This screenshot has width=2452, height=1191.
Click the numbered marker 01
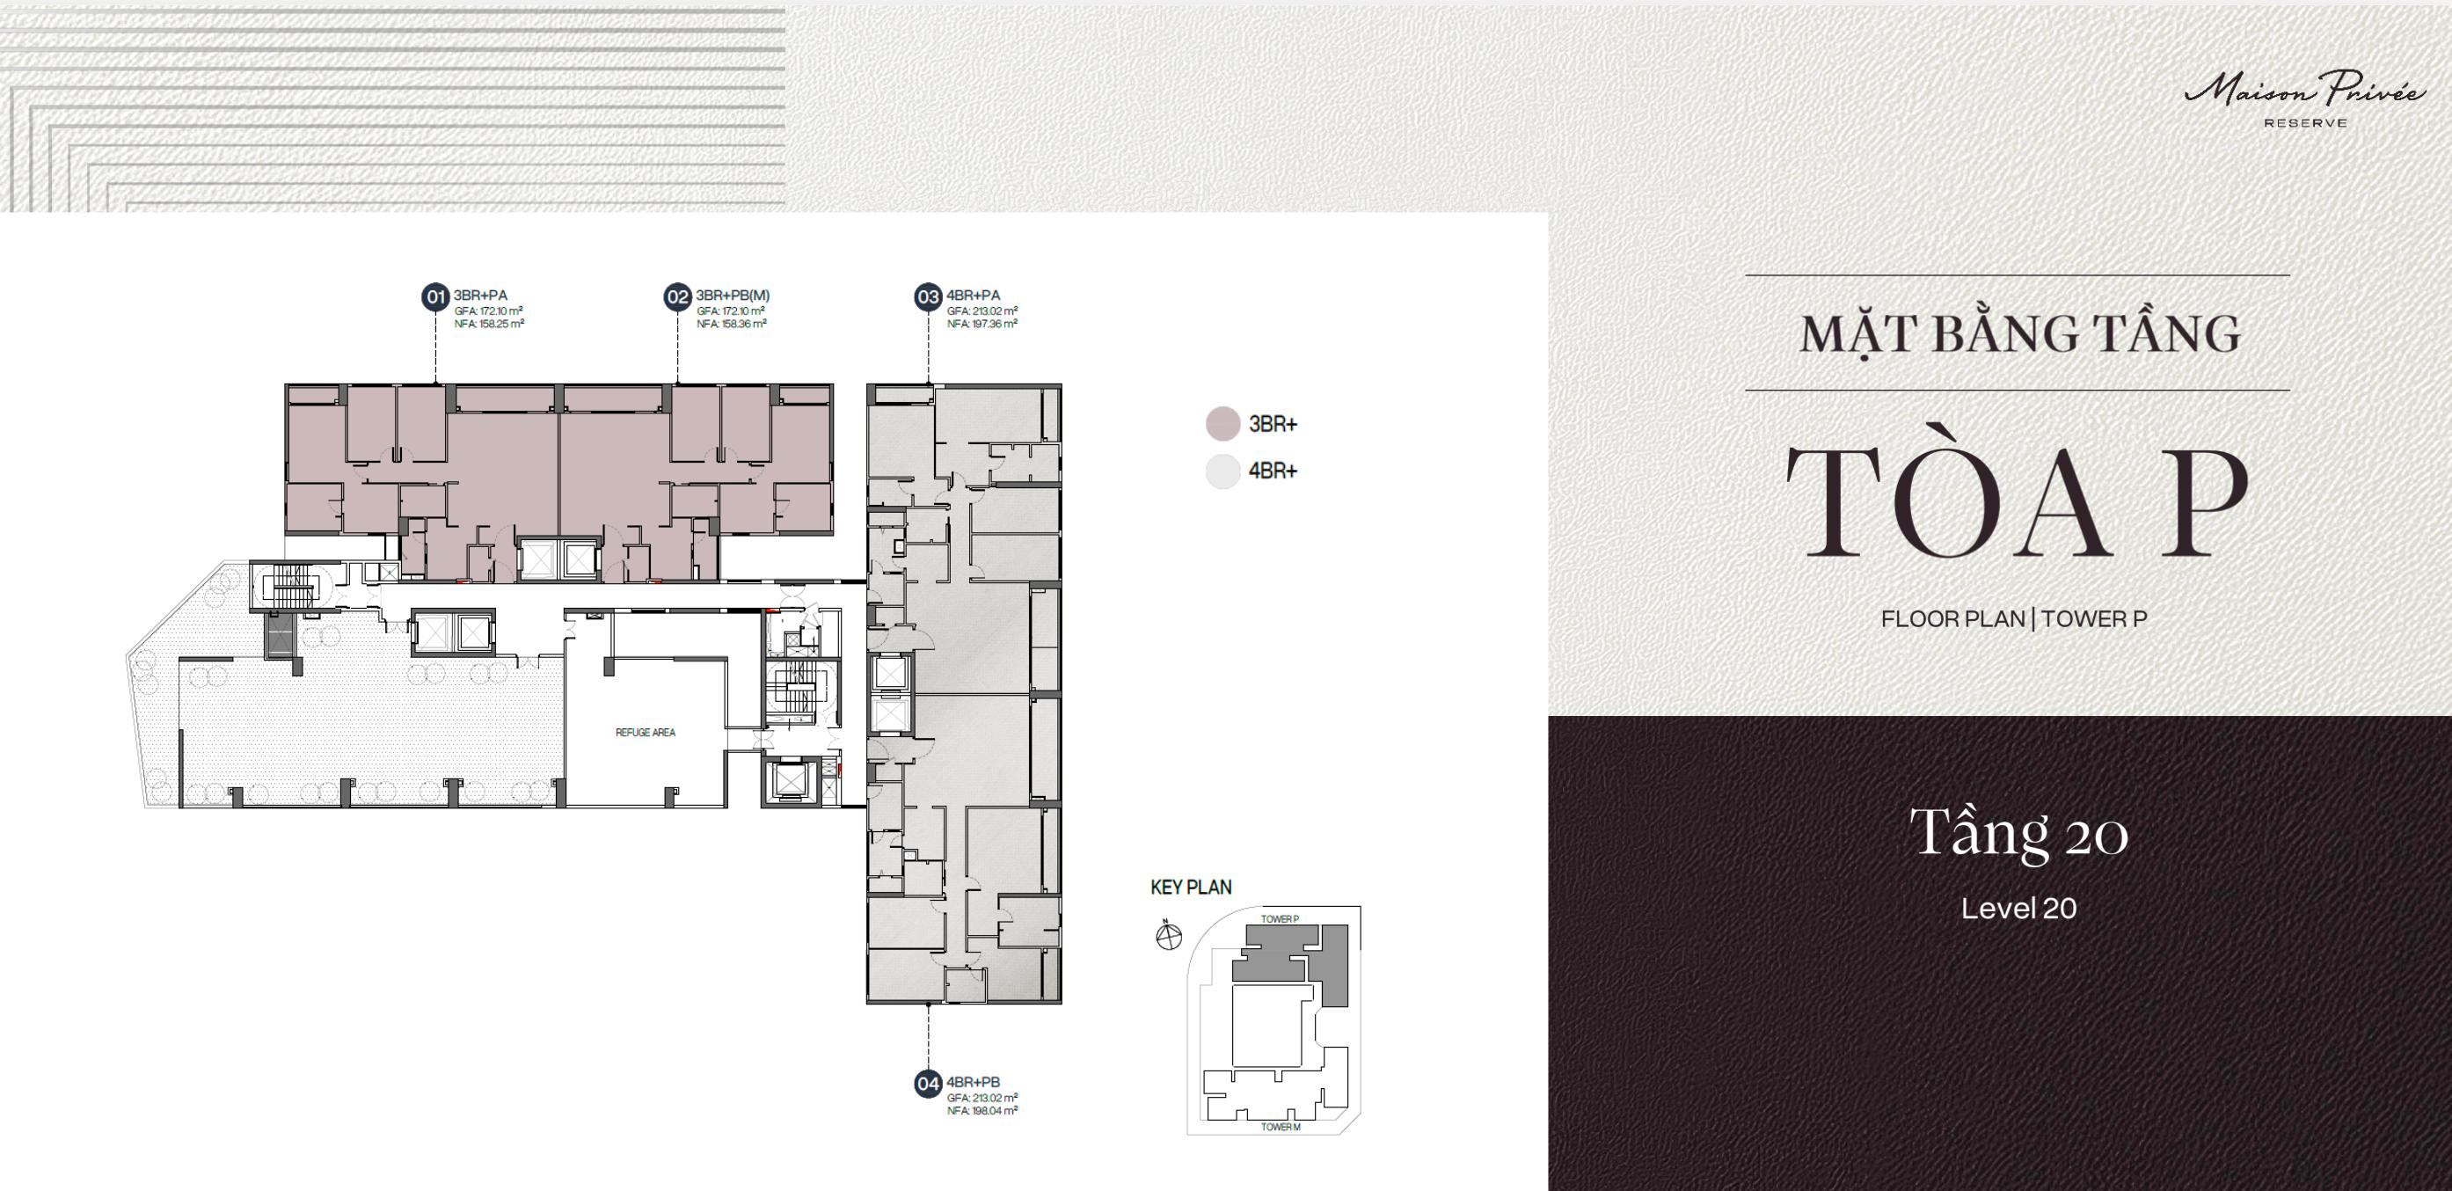435,297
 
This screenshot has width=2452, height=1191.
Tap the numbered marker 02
677,297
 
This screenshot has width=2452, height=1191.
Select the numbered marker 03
928,297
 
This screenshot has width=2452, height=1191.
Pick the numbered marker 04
928,1085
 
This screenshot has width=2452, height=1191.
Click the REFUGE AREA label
646,732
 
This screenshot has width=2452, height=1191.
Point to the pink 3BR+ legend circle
1223,424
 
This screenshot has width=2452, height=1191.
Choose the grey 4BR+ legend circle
1223,471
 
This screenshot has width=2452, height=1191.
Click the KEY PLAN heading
1191,888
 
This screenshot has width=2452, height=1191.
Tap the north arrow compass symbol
1168,936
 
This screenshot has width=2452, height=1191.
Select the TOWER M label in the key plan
1281,1127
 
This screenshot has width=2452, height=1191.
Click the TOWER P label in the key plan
1280,918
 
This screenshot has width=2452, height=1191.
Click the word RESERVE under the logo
2303,123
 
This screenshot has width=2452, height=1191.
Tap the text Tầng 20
2018,835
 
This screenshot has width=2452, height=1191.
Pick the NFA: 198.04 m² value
982,1110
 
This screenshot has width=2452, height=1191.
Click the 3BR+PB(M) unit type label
732,296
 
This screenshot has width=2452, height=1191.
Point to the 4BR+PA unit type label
973,296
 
